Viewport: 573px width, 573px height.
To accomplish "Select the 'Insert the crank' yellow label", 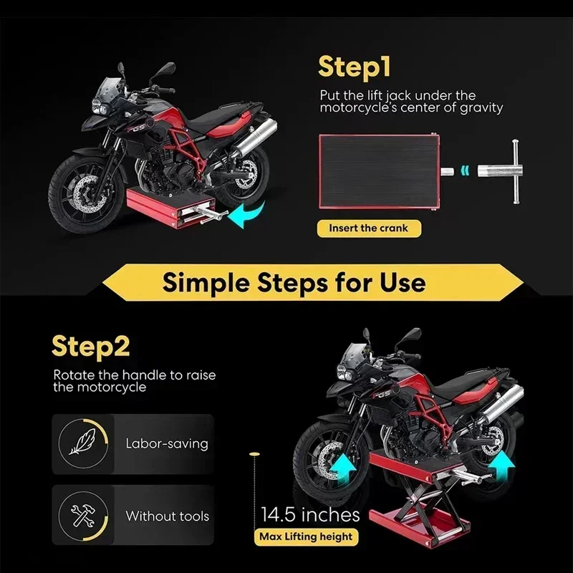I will point(368,228).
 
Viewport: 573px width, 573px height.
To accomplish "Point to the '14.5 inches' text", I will point(310,514).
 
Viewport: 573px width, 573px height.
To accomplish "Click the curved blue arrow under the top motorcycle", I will point(251,214).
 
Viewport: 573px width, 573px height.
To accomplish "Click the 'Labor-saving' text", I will point(166,443).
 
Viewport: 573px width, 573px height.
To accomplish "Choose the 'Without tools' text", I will point(168,516).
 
